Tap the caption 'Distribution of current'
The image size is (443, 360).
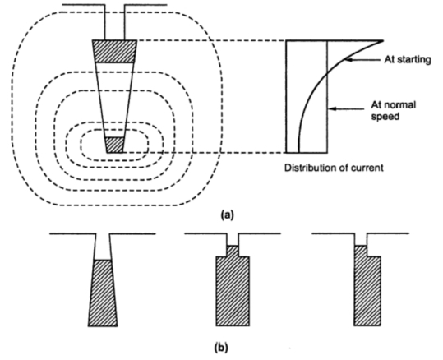pos(335,168)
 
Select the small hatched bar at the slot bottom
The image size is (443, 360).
pos(115,145)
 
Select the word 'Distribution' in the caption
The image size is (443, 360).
pos(310,168)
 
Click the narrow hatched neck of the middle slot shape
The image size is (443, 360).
pos(232,250)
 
